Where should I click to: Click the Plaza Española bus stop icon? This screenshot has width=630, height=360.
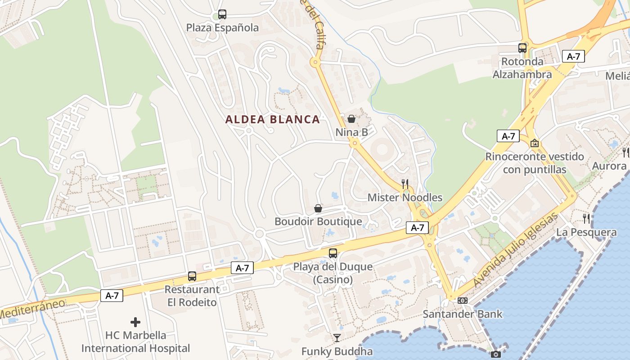coord(222,14)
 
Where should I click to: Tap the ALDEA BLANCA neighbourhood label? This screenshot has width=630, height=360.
coord(273,120)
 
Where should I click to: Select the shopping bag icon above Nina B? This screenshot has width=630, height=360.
coord(351,119)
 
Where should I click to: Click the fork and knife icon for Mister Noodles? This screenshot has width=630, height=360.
coord(405,184)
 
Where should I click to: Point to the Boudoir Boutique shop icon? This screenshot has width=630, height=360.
coord(318,208)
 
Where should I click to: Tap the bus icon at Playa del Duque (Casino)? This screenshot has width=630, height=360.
coord(333,253)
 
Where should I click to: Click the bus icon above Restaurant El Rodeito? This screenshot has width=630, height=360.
coord(192,276)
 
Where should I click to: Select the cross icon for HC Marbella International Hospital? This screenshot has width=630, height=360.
coord(135,322)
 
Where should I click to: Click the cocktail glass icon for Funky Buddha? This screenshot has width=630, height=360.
coord(337,338)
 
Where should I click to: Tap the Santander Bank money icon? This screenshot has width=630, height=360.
coord(463,300)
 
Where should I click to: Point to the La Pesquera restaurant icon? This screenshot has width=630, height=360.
coord(586,219)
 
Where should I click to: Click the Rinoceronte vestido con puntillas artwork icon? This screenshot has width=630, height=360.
coord(535,144)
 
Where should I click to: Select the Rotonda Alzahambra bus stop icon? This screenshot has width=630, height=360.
coord(522,48)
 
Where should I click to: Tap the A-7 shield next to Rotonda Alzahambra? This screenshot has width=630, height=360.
coord(573,57)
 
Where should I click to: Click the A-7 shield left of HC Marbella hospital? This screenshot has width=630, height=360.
coord(112,296)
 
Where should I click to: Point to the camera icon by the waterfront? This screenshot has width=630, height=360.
coord(495,355)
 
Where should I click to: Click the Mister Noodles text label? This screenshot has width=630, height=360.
coord(405,198)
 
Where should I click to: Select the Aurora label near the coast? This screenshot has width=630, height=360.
coord(609,166)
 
